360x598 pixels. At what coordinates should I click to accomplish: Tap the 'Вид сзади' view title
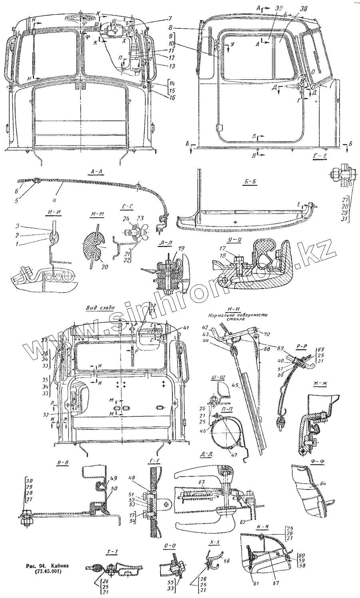pyautogui.click(x=100, y=308)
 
